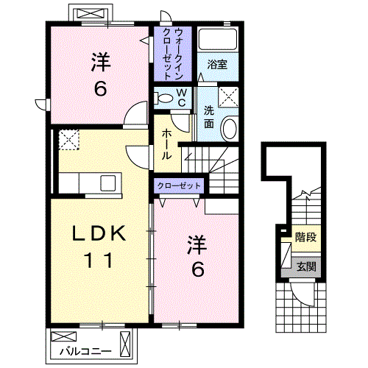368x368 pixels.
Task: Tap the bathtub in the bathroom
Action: click(217, 40)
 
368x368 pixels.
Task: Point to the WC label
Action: click(180, 96)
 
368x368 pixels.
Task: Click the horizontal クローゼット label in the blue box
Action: click(180, 186)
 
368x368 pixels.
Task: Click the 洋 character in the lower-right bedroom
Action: click(196, 242)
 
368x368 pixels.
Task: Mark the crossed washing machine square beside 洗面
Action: click(229, 96)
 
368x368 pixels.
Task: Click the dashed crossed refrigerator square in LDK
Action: click(68, 139)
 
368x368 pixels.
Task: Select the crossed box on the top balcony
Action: click(88, 14)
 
